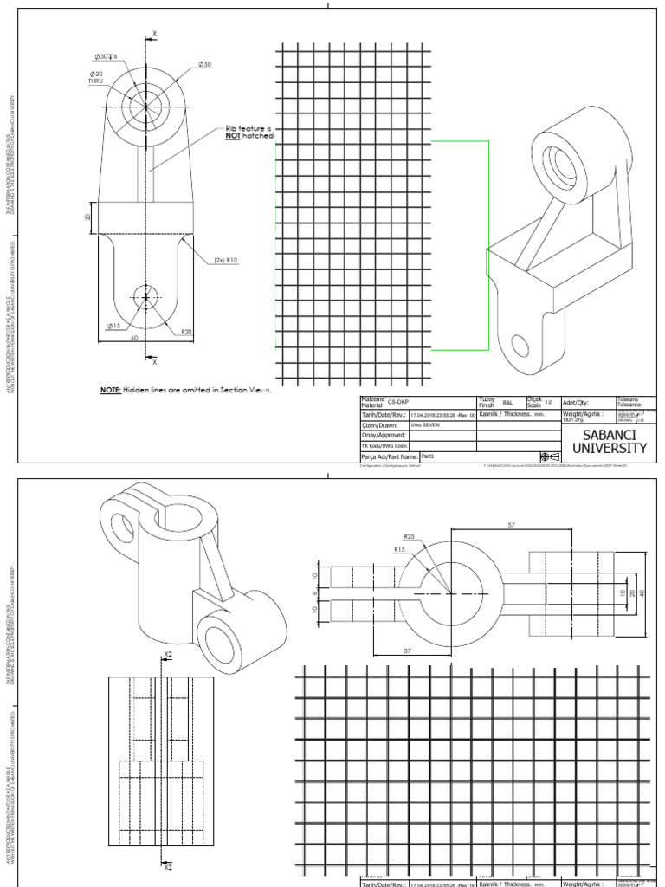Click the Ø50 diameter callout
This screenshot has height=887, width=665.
(205, 65)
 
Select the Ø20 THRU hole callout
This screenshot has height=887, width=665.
(95, 79)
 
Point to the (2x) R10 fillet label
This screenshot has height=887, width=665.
(226, 259)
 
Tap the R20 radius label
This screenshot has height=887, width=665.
(186, 332)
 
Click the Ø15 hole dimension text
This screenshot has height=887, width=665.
(113, 326)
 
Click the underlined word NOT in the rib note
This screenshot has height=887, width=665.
(231, 137)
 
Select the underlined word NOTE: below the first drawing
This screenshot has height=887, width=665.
(110, 391)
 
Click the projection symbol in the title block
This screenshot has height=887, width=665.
(549, 456)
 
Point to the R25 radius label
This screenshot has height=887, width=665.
(410, 537)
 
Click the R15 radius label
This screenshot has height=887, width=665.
(399, 549)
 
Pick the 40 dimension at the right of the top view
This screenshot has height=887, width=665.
(642, 592)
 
